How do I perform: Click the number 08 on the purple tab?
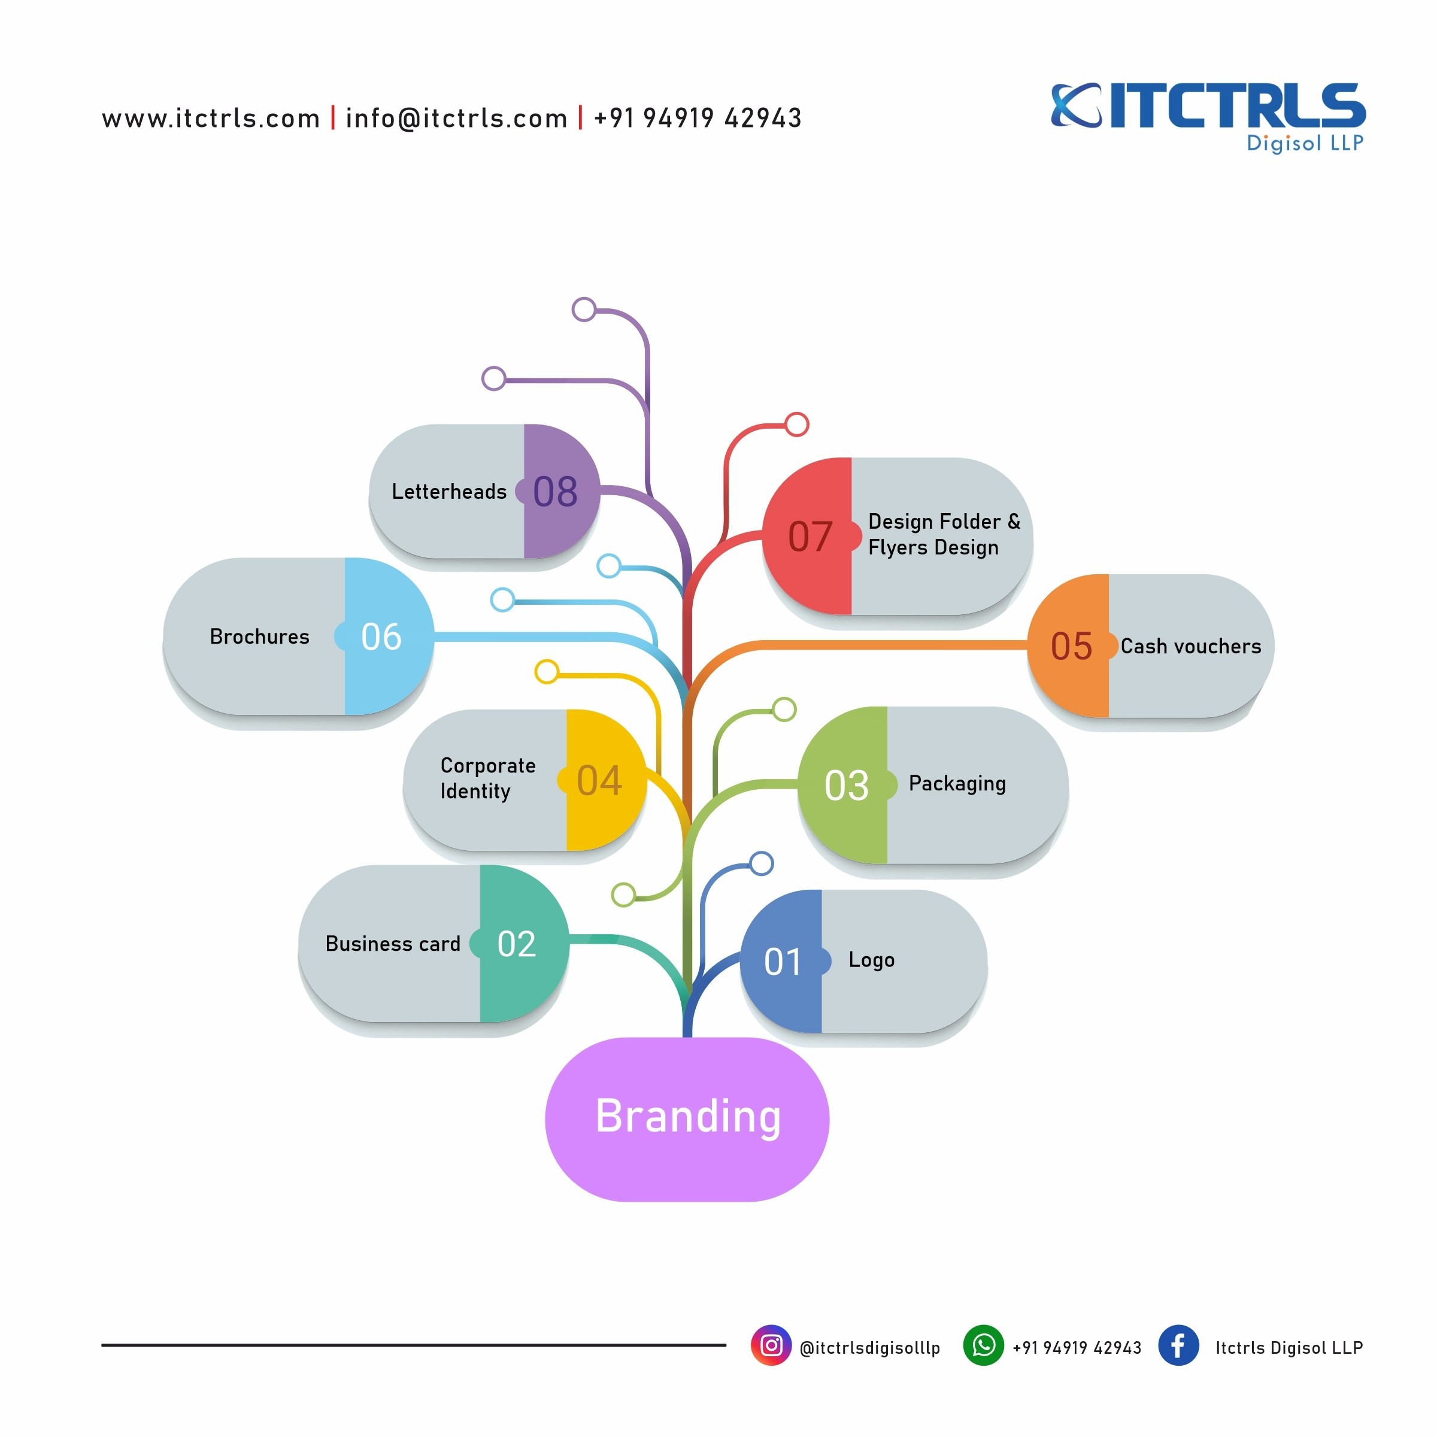[555, 492]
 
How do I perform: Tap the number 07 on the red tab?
[810, 536]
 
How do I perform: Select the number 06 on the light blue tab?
[381, 636]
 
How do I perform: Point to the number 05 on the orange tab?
[1071, 647]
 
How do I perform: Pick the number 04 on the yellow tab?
[599, 780]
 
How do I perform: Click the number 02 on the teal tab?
[516, 944]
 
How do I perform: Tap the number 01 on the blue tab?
[783, 962]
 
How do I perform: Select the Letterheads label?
[448, 492]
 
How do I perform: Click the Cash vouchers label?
[1190, 647]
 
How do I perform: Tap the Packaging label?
[957, 784]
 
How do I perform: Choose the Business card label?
[393, 944]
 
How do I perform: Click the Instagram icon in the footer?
[771, 1345]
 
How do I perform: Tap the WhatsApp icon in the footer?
[983, 1345]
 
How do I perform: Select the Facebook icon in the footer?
[1178, 1345]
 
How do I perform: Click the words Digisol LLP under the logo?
[1305, 143]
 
